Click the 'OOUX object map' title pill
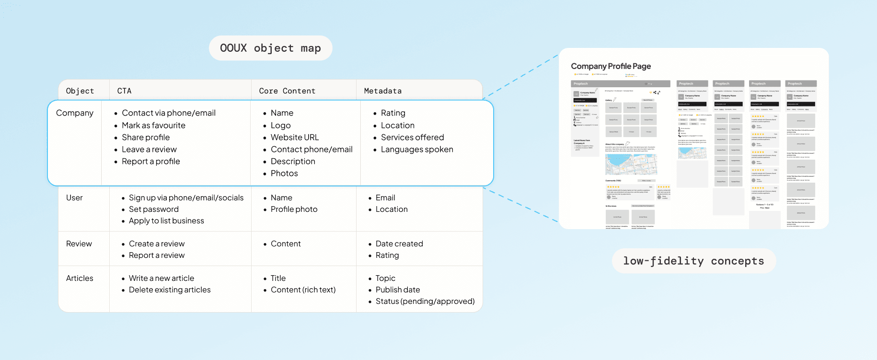[270, 48]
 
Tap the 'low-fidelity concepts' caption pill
[693, 261]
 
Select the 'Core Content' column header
[287, 91]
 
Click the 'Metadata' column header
[382, 91]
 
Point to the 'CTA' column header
[124, 91]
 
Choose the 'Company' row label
[75, 113]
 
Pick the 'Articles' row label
[80, 279]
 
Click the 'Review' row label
[79, 244]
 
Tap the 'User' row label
[74, 198]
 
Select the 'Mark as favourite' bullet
[153, 126]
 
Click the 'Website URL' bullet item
[294, 138]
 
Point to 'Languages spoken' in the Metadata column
[416, 150]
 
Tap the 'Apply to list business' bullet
[166, 221]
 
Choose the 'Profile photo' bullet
[294, 209]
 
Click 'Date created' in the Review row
[399, 244]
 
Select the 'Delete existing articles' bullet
[170, 290]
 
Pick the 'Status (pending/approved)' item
[425, 302]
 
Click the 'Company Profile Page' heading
[611, 66]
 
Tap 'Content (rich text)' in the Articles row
[303, 290]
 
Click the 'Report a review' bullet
[156, 255]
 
